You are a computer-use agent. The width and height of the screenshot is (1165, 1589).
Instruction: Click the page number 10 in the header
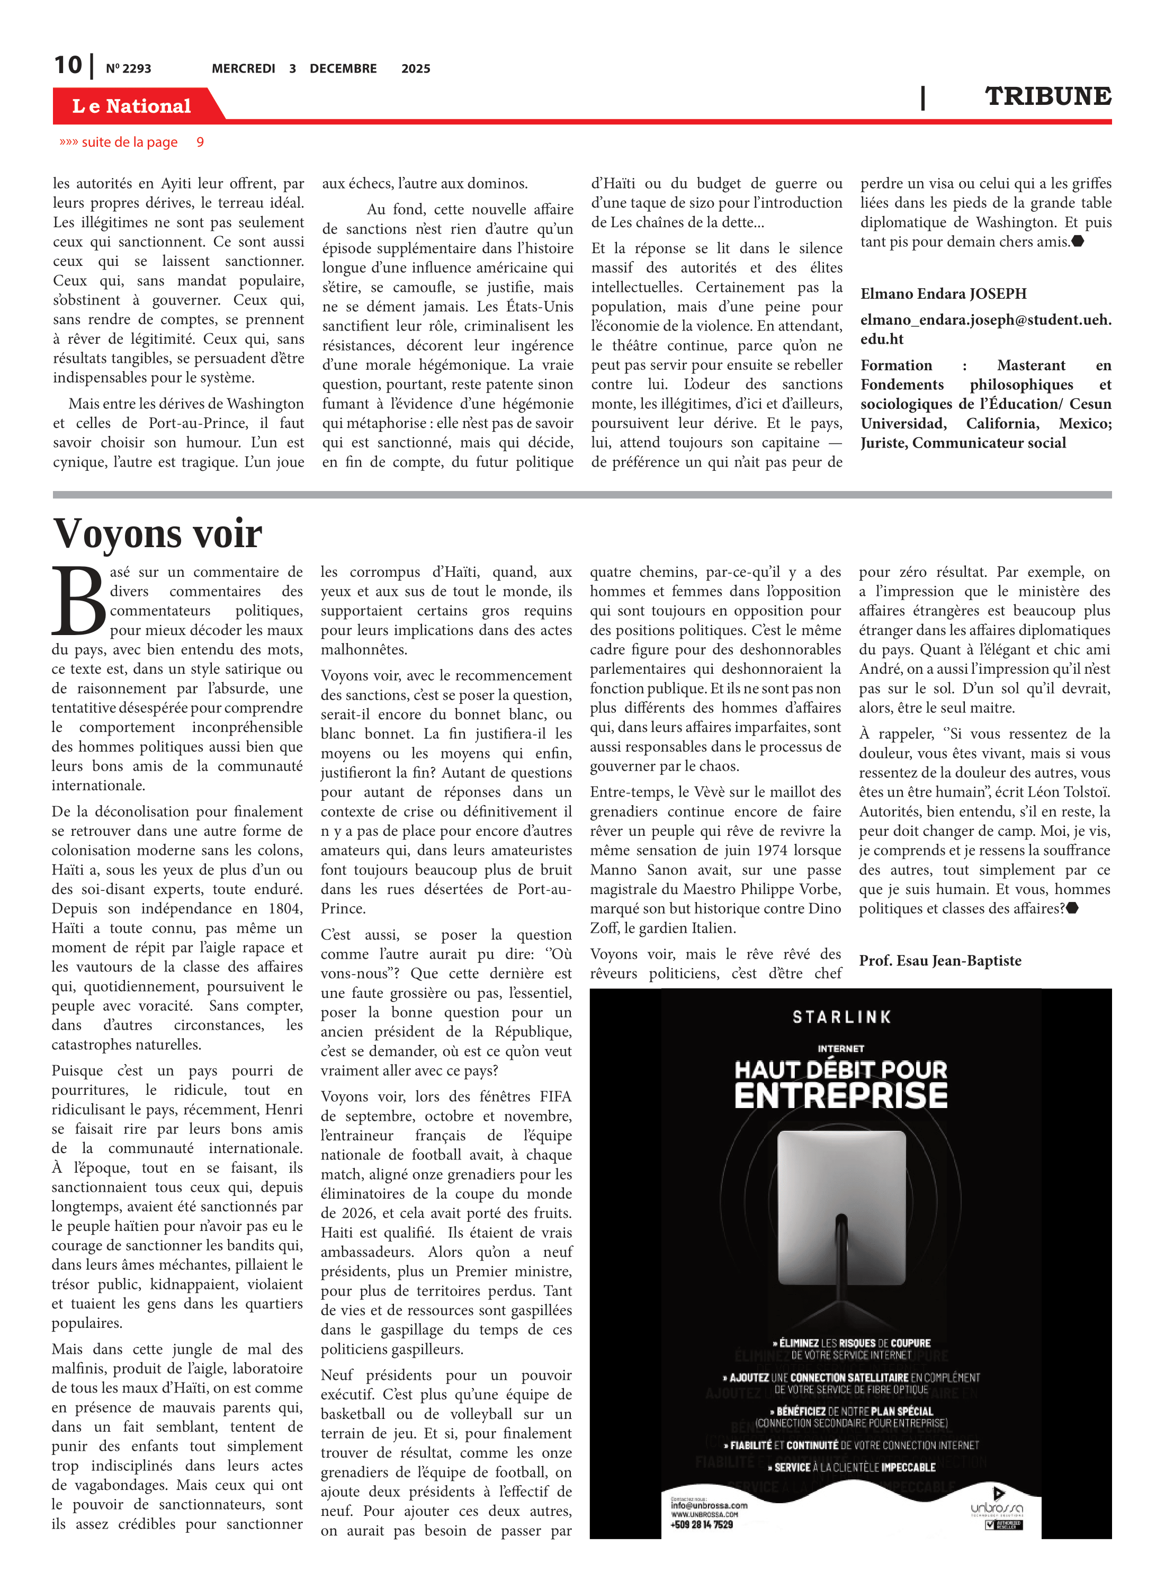point(68,66)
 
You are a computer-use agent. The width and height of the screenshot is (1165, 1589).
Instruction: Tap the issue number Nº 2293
point(128,69)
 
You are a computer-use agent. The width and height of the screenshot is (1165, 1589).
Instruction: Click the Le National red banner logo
point(132,106)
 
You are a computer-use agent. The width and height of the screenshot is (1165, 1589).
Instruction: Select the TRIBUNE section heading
point(1048,96)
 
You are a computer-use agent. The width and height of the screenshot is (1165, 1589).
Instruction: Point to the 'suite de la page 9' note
point(132,142)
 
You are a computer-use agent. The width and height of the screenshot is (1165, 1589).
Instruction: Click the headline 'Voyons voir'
point(158,534)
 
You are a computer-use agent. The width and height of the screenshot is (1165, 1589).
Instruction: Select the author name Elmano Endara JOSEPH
point(943,294)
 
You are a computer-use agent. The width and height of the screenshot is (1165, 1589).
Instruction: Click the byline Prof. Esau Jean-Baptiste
point(939,961)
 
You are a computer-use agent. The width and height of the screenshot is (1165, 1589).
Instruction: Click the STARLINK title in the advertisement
point(841,1017)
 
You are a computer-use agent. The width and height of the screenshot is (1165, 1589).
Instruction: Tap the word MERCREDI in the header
point(243,69)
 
